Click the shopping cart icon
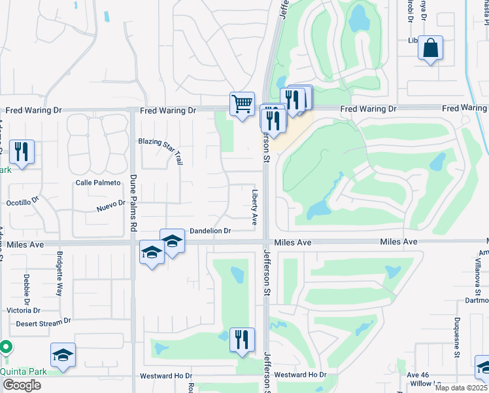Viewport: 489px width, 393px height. [242, 103]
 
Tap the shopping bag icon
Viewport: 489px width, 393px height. [430, 48]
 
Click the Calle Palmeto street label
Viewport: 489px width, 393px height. [98, 183]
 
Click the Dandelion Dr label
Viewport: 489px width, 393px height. [210, 231]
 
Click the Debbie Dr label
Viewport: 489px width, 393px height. [27, 289]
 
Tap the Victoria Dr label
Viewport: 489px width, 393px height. [24, 310]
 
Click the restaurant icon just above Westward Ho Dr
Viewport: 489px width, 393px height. [242, 339]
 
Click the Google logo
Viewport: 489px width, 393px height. [22, 385]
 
